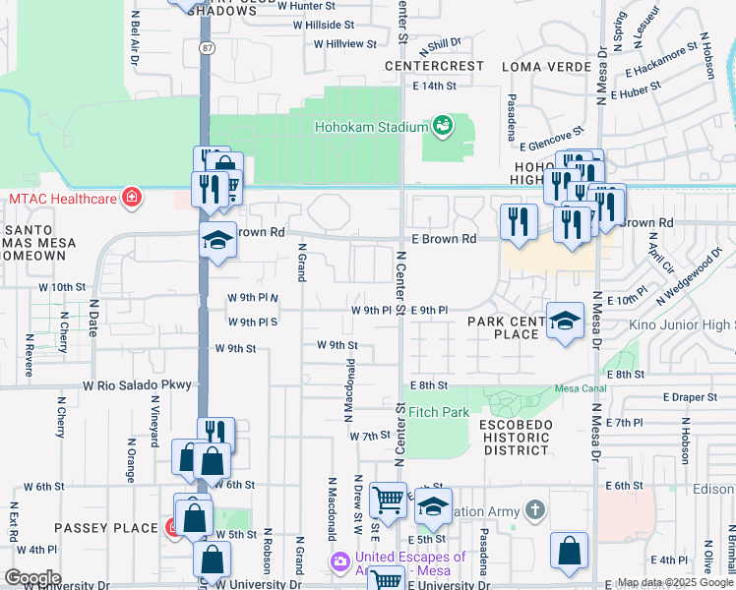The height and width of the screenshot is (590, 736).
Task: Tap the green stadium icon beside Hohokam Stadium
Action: pos(444,125)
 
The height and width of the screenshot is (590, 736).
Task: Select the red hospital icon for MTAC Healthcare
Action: pos(130,199)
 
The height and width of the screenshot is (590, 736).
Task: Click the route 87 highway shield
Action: pos(204,47)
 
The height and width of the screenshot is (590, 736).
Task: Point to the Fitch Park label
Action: pos(439,412)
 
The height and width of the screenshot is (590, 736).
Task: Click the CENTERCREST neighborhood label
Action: pos(434,66)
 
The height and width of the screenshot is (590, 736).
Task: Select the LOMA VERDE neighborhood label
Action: pos(536,67)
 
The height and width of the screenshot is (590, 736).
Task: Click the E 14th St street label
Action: pos(435,87)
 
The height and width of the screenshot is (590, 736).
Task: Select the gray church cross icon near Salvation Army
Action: pos(534,510)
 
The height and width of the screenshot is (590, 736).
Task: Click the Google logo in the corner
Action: pos(32,578)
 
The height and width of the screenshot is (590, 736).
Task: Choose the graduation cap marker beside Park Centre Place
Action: pos(565,321)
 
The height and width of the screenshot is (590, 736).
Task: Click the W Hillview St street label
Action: pos(345,44)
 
